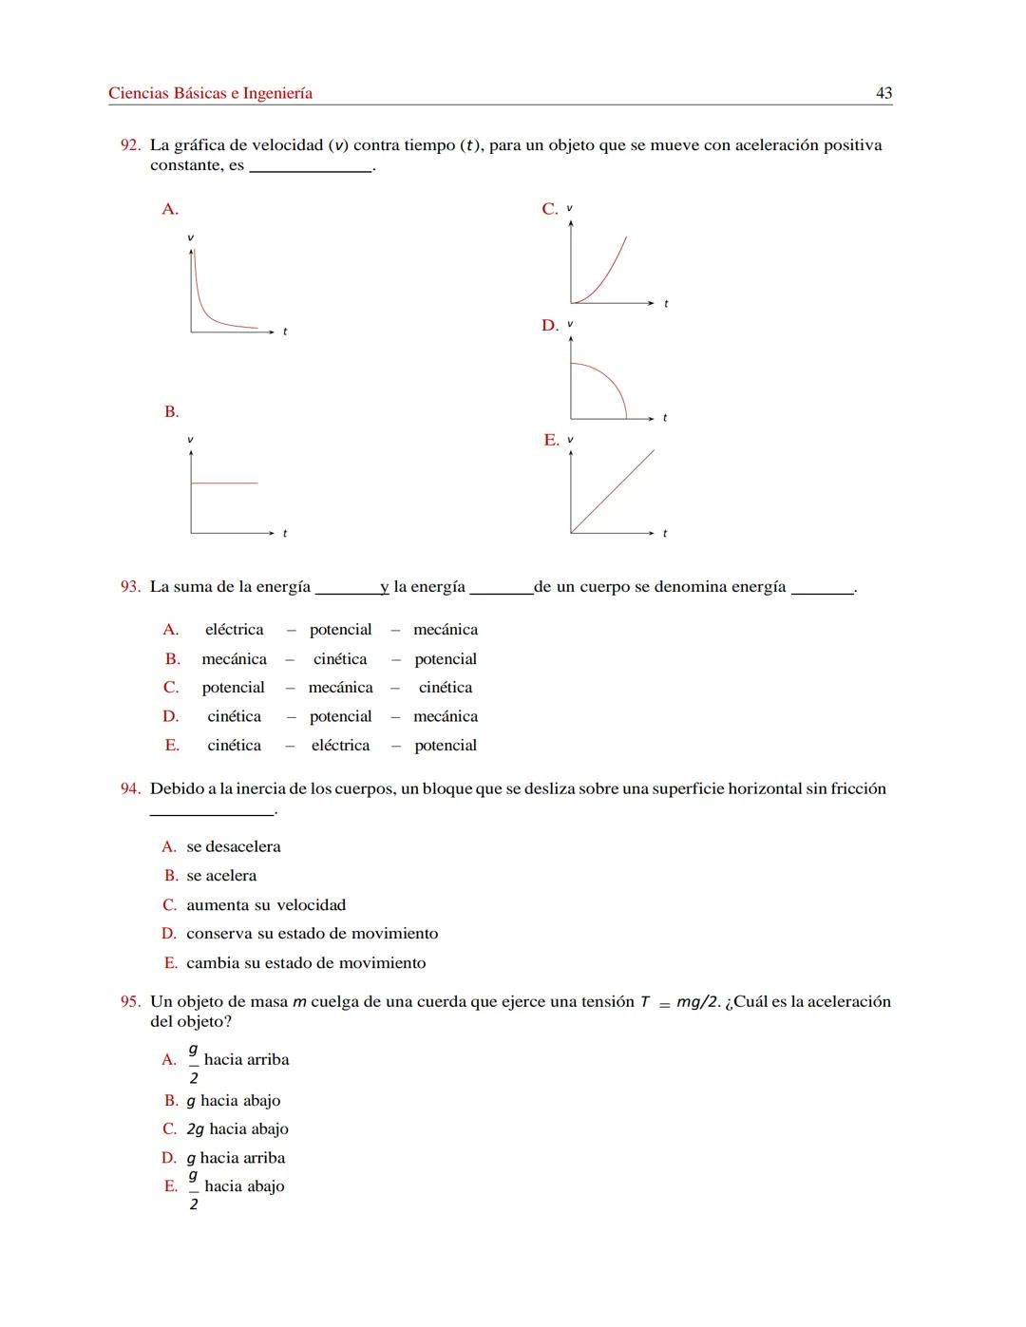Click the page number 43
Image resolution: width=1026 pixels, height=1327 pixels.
[x=883, y=93]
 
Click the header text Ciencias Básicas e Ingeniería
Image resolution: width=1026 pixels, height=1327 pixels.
[x=210, y=93]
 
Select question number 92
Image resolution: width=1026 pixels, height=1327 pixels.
[x=130, y=145]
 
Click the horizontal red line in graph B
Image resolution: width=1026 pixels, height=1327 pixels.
[x=224, y=483]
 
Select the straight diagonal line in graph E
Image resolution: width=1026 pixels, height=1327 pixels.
[x=613, y=491]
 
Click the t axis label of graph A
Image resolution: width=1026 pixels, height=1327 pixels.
[x=285, y=332]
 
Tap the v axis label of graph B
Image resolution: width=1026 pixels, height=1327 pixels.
[x=190, y=440]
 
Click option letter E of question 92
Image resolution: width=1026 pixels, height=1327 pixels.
[x=551, y=440]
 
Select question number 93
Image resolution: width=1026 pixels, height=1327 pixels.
[x=130, y=587]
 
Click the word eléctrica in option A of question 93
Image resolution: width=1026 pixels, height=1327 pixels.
[x=234, y=630]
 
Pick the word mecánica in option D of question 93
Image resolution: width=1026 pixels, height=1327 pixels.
[x=446, y=716]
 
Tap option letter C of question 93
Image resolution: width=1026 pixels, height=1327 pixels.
[x=171, y=688]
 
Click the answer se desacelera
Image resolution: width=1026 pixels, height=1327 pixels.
[x=233, y=846]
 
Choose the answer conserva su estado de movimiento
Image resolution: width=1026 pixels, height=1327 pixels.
[x=312, y=934]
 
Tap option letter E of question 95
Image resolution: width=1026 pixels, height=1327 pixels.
[x=171, y=1186]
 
